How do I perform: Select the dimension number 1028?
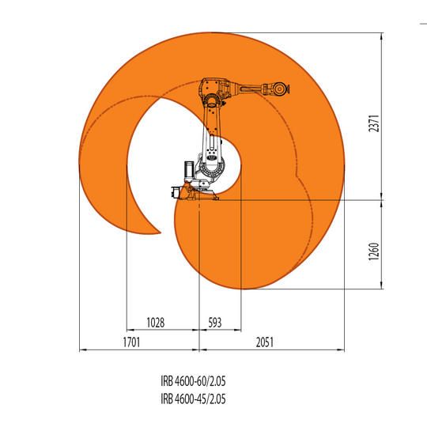tap(157, 323)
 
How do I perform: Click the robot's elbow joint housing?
tap(214, 89)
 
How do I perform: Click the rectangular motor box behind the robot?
tap(187, 168)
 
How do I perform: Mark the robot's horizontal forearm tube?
tap(248, 88)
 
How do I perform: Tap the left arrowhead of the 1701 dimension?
tap(81, 349)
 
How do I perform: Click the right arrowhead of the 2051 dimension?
tap(342, 349)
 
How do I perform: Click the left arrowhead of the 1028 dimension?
tap(128, 330)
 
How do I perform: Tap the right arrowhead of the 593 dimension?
tap(240, 330)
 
